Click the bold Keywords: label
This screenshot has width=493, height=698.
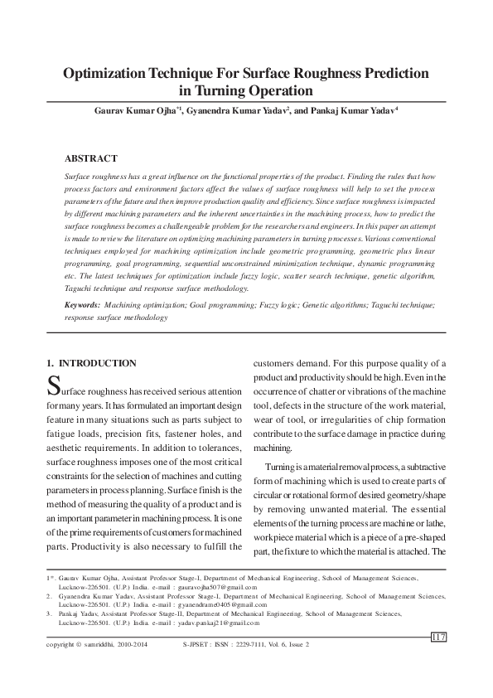click(83, 305)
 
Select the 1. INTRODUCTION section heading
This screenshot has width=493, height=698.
click(91, 363)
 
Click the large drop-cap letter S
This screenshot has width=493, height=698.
click(53, 386)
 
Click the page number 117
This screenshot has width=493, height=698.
click(438, 636)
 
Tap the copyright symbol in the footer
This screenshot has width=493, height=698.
click(80, 644)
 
